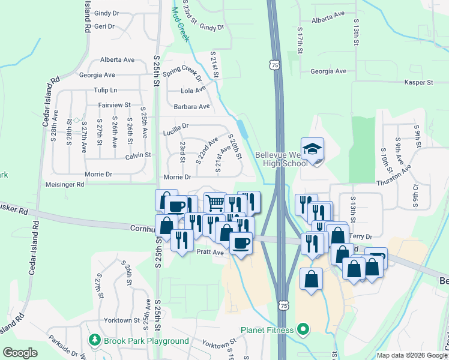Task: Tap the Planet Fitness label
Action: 267,329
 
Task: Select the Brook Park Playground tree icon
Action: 94,340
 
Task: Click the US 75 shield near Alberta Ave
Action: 274,64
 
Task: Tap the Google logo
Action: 20,353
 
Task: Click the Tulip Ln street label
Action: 105,90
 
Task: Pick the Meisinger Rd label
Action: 65,185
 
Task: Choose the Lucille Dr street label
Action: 176,127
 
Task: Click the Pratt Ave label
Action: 210,253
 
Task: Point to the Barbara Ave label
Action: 191,106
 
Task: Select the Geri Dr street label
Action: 104,26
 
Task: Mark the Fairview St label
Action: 115,105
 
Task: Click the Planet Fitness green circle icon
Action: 303,329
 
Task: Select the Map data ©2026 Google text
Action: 411,355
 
